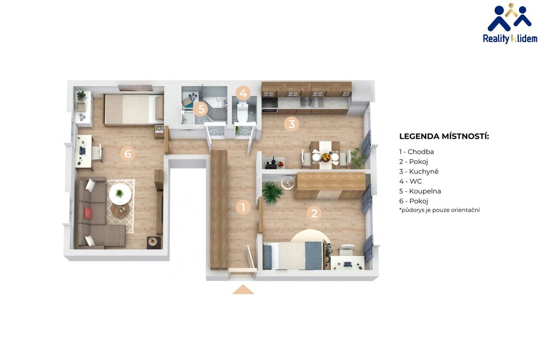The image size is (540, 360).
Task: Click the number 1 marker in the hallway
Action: (243, 208)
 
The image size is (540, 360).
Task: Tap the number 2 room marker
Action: (314, 213)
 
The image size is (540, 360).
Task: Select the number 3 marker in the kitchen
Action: (291, 123)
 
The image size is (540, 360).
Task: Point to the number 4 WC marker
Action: (244, 93)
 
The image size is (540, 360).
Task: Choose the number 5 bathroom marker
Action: (201, 110)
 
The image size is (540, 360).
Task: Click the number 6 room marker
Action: (128, 153)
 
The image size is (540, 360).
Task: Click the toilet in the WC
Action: (243, 112)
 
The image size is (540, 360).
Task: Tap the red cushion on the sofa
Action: (88, 213)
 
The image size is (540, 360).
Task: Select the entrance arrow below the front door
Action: (243, 289)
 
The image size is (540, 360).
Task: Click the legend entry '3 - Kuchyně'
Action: (419, 171)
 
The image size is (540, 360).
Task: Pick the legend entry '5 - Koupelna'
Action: (420, 191)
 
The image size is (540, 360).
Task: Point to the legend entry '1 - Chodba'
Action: (417, 152)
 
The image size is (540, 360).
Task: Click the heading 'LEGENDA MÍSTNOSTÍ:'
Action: (444, 137)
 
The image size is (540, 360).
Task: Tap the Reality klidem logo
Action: (510, 23)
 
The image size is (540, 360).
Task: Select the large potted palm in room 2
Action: (272, 191)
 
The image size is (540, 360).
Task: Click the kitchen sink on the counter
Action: (306, 102)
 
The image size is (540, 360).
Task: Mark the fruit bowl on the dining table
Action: (325, 157)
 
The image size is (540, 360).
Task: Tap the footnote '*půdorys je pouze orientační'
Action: (439, 210)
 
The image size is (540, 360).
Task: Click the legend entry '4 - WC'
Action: (410, 181)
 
